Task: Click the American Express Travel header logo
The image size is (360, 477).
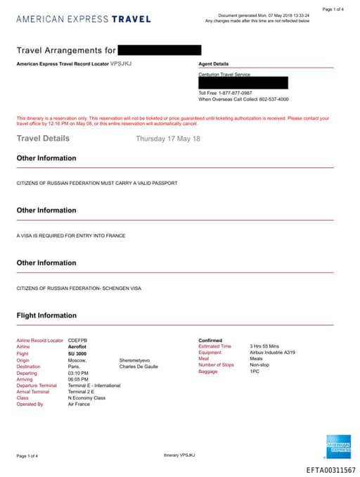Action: point(83,19)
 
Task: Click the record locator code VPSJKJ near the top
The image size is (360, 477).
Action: point(121,63)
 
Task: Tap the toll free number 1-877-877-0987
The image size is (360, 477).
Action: point(235,93)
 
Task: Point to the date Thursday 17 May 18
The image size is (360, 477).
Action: point(168,139)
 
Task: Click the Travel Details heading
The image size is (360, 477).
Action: point(43,139)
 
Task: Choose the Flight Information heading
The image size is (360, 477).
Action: point(46,315)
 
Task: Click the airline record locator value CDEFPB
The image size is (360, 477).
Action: point(77,341)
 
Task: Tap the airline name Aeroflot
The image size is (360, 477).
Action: point(77,347)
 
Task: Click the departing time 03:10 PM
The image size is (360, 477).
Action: point(78,372)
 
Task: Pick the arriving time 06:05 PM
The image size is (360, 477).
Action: point(78,379)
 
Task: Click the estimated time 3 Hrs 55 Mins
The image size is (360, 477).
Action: point(265,346)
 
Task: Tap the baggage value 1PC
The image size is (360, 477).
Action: point(254,371)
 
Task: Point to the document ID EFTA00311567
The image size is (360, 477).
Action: point(330,469)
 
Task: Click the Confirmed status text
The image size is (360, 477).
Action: point(210,341)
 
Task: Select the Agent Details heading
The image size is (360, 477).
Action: point(214,63)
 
